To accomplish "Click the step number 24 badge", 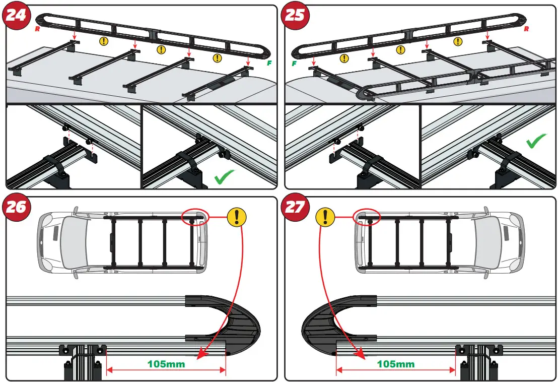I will click(x=16, y=16).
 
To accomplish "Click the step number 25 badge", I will click(x=295, y=16).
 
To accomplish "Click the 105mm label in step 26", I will click(x=166, y=363).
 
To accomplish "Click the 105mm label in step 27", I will click(x=396, y=363).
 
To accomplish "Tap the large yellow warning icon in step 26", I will click(x=237, y=217).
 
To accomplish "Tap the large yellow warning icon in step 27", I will click(x=325, y=217).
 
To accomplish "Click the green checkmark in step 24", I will click(x=225, y=177).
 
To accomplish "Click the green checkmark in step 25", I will click(x=537, y=142).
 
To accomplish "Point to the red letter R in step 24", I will click(x=37, y=29).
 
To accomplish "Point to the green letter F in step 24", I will click(x=269, y=63).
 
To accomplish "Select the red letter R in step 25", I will click(x=526, y=29).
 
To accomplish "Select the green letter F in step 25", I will click(x=294, y=63).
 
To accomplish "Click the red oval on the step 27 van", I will click(x=367, y=217).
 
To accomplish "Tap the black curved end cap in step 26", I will click(x=242, y=325).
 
